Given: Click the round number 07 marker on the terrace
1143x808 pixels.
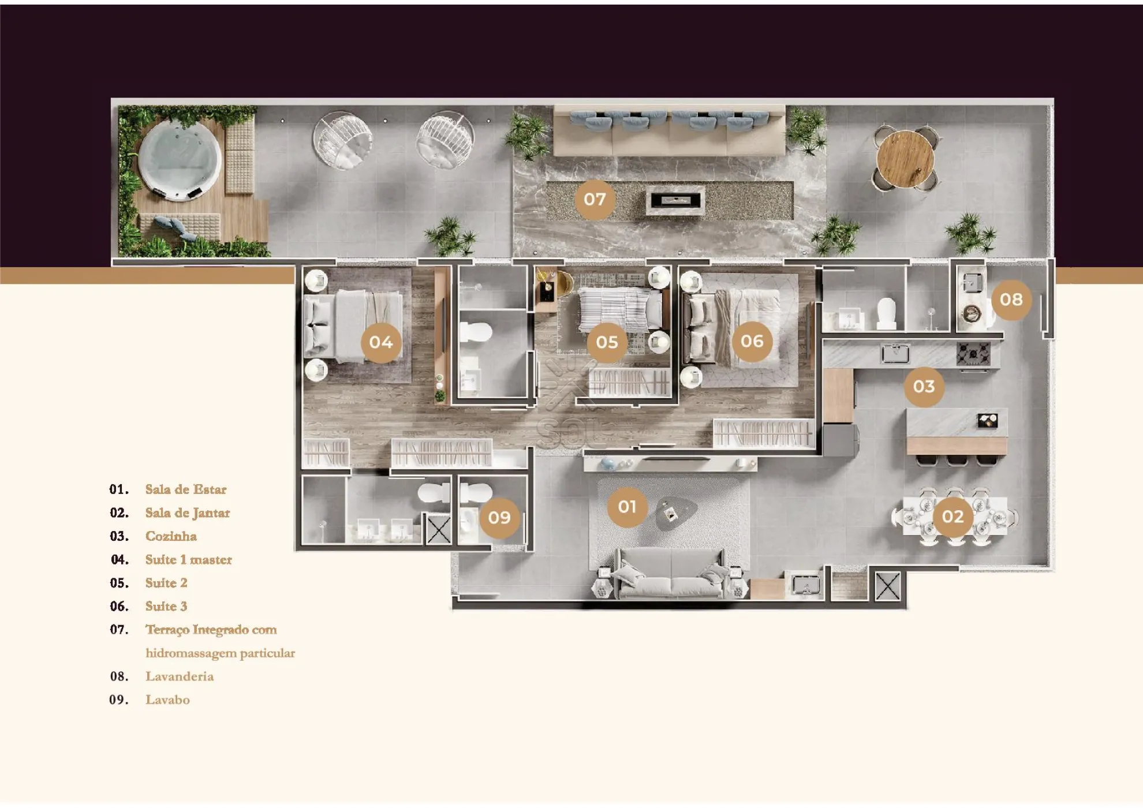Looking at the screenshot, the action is click(x=595, y=200).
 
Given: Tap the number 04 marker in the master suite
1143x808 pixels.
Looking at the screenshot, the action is click(x=381, y=343).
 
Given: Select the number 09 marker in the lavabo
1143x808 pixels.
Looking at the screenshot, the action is click(x=499, y=518).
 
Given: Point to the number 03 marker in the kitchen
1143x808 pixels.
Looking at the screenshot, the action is click(x=924, y=387).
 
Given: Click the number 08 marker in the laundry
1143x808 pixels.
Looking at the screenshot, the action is click(x=1011, y=300).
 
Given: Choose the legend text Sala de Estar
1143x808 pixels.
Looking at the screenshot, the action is click(x=186, y=489).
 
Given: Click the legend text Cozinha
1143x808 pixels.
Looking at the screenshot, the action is click(x=171, y=536).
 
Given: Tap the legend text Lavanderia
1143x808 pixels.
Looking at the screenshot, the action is click(x=180, y=676).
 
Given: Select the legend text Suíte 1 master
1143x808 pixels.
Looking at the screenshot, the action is click(x=189, y=560).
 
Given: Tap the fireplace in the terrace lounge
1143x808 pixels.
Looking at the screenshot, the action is click(x=675, y=201).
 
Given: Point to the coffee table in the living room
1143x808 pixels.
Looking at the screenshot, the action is click(x=675, y=513).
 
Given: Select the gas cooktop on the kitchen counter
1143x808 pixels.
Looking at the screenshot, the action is click(x=973, y=353).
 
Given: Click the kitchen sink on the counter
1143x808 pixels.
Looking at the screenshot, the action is click(x=895, y=353).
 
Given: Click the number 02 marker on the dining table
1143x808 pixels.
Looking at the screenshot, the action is click(x=953, y=517).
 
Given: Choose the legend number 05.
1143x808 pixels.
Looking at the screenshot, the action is click(x=119, y=583).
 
